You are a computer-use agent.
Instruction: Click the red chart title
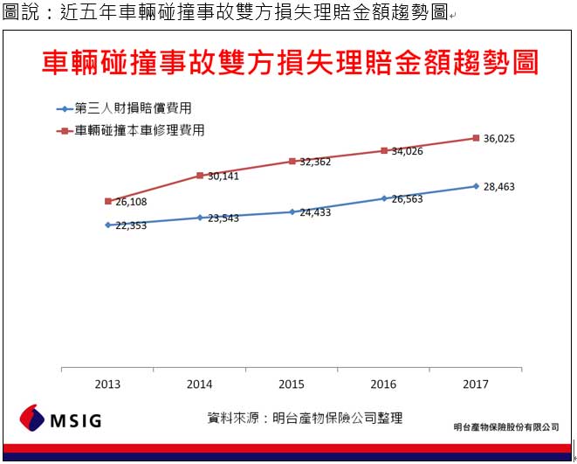(290, 65)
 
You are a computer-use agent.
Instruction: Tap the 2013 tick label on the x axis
(107, 384)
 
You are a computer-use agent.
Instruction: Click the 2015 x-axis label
(292, 384)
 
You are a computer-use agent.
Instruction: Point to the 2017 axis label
(476, 384)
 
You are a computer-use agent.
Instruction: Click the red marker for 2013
(108, 201)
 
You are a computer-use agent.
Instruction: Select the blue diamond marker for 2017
(476, 186)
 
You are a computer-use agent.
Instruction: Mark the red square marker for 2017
(476, 137)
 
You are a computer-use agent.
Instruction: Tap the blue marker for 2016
(384, 198)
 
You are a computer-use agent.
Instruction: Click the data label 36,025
(500, 138)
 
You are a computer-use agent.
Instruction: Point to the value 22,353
(132, 225)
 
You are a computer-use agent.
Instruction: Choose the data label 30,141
(223, 177)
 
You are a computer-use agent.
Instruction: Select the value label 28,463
(500, 187)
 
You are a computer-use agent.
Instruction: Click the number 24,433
(315, 212)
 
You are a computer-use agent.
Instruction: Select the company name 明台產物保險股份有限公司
(506, 427)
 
